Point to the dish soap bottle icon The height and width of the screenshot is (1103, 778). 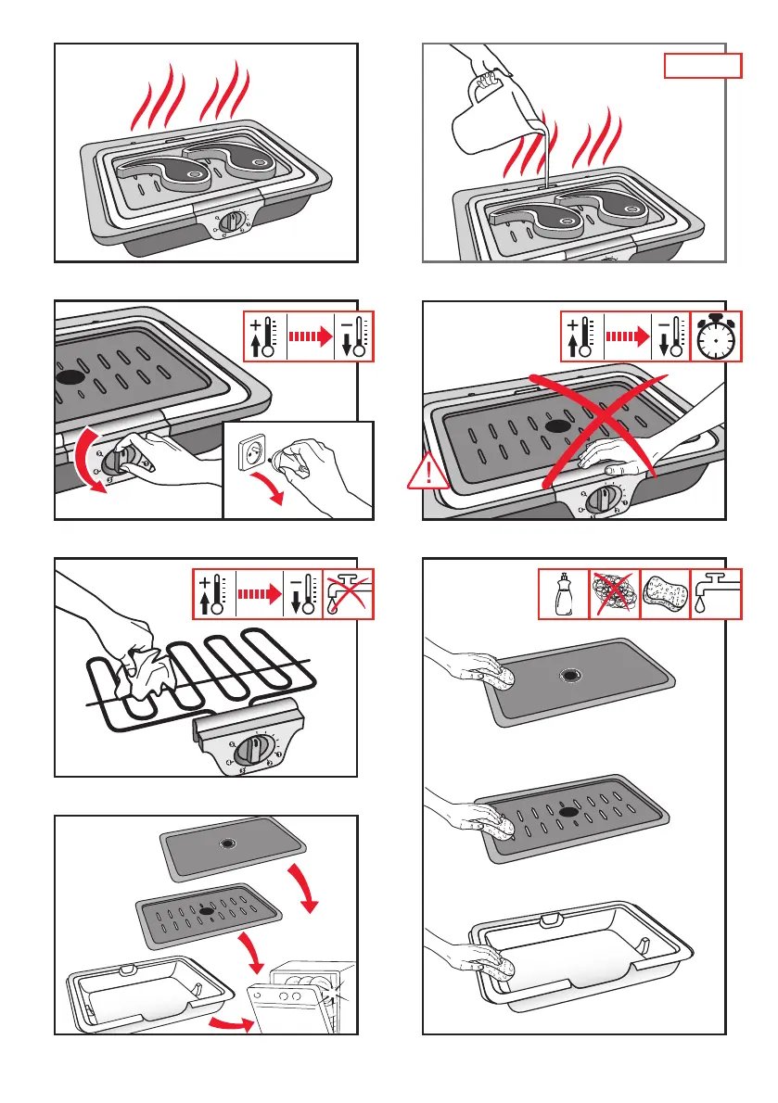564,594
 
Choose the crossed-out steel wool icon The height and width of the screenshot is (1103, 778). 615,594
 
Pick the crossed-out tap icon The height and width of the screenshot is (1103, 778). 349,594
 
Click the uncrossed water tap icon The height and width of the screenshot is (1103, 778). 716,594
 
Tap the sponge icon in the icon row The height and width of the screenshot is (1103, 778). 666,594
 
